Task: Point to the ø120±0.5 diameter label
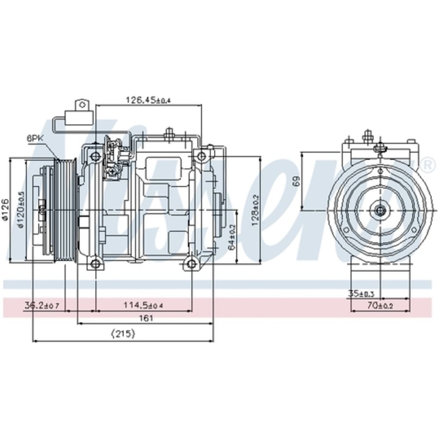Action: [20, 209]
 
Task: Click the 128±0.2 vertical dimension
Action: [255, 210]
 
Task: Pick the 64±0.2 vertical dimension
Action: [232, 237]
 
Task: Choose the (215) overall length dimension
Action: [123, 334]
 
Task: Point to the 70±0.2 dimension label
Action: [380, 306]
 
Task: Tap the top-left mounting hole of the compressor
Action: [95, 156]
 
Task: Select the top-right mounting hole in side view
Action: [201, 156]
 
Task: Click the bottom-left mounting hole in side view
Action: [95, 264]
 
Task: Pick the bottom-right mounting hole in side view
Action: [191, 264]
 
